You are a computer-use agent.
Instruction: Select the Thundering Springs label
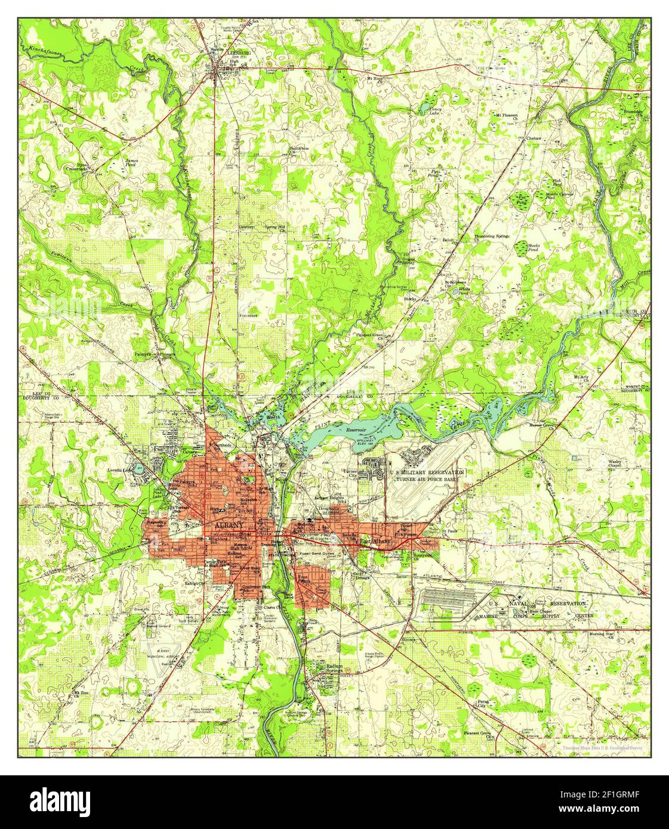coord(492,236)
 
